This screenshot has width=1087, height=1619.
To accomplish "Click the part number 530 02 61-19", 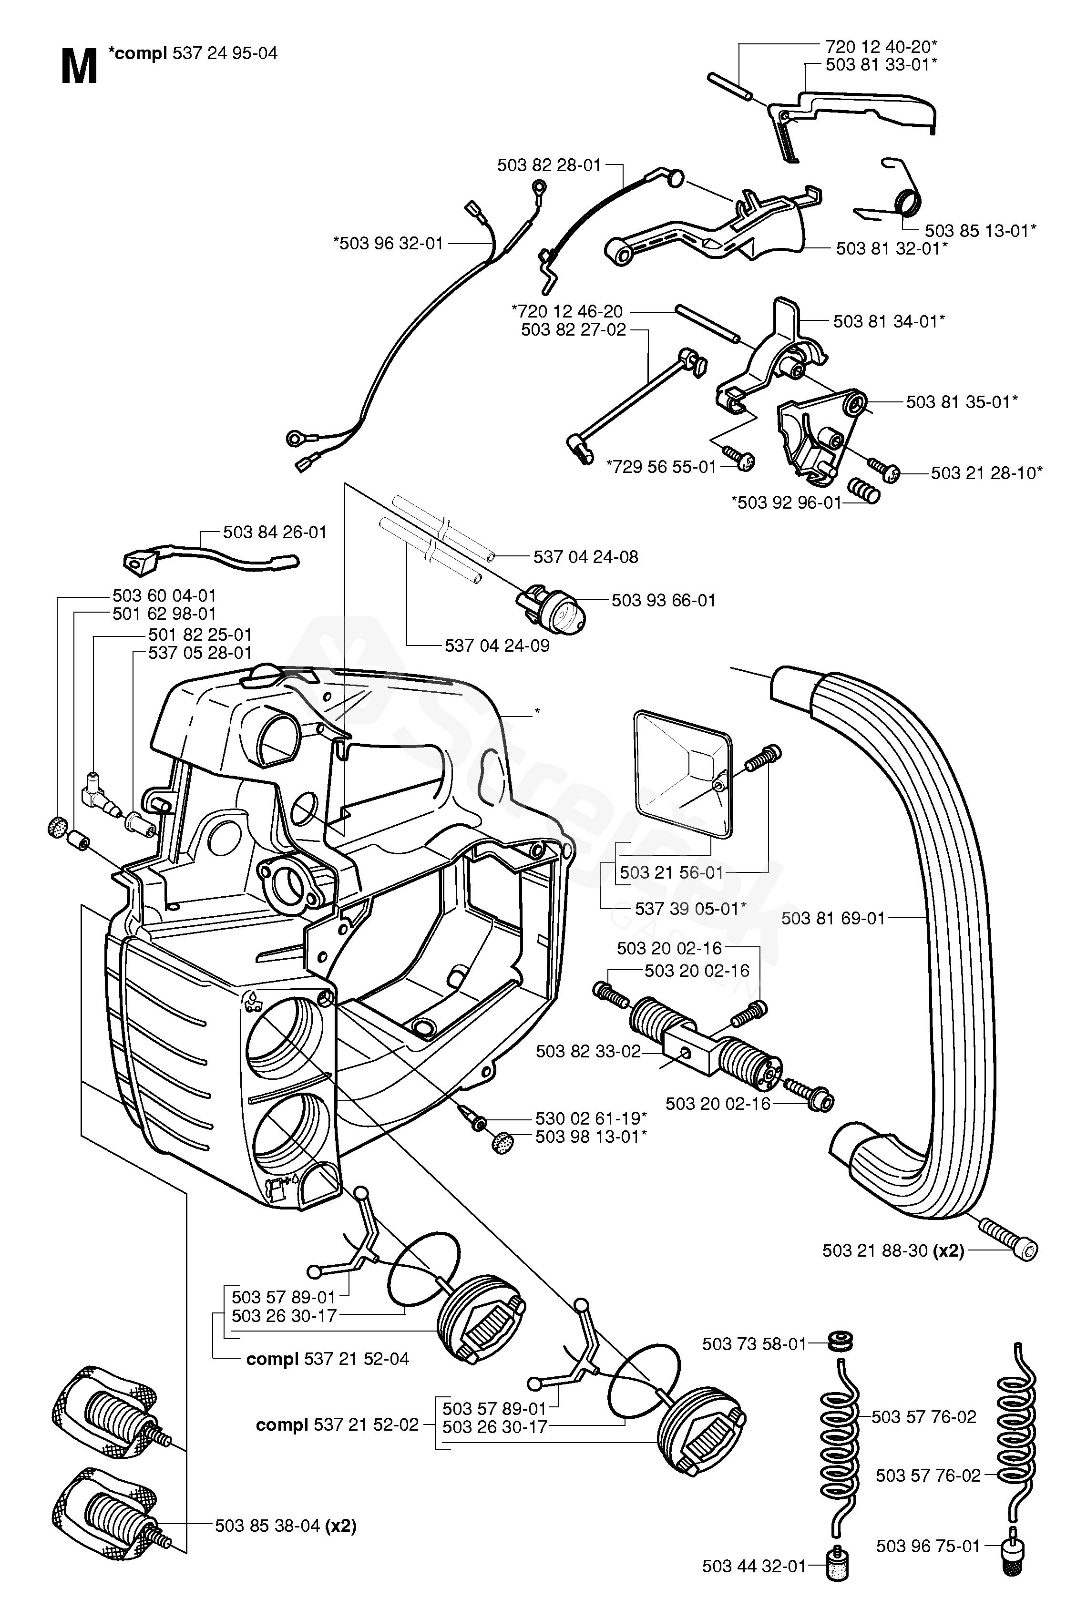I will click(x=591, y=1118).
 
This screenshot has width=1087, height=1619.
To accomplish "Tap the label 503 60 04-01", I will click(x=164, y=595).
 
